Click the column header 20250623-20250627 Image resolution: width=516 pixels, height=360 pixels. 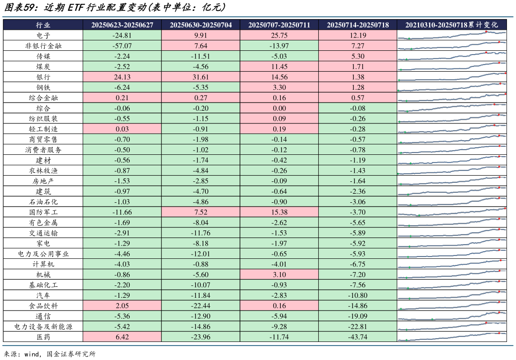tap(122, 25)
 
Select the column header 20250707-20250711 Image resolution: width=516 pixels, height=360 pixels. tap(279, 25)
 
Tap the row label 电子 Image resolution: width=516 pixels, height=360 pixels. tap(43, 36)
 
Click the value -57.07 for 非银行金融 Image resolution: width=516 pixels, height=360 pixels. tap(122, 46)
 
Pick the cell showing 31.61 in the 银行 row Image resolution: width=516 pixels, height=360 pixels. tap(201, 77)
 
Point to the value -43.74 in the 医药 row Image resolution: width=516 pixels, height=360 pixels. tap(357, 337)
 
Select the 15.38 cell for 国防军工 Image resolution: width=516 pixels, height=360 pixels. tap(279, 212)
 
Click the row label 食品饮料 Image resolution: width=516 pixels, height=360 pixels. tap(43, 306)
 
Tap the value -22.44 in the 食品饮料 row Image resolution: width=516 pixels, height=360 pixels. tap(201, 306)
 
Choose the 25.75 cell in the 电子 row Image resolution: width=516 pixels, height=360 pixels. tap(279, 36)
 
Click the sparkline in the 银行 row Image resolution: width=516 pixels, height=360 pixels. tap(452, 77)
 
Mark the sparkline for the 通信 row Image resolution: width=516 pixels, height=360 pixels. tap(452, 316)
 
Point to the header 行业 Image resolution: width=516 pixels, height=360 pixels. tap(43, 25)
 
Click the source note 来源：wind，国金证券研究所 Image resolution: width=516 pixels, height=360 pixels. tap(50, 354)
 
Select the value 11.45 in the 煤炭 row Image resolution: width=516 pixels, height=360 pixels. tap(279, 66)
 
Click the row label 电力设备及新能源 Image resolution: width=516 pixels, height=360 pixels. tap(43, 327)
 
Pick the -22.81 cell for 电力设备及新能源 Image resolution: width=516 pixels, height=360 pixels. tap(357, 327)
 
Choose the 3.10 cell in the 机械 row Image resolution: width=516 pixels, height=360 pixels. tap(279, 275)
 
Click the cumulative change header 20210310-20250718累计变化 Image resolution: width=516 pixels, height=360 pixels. tap(452, 25)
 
